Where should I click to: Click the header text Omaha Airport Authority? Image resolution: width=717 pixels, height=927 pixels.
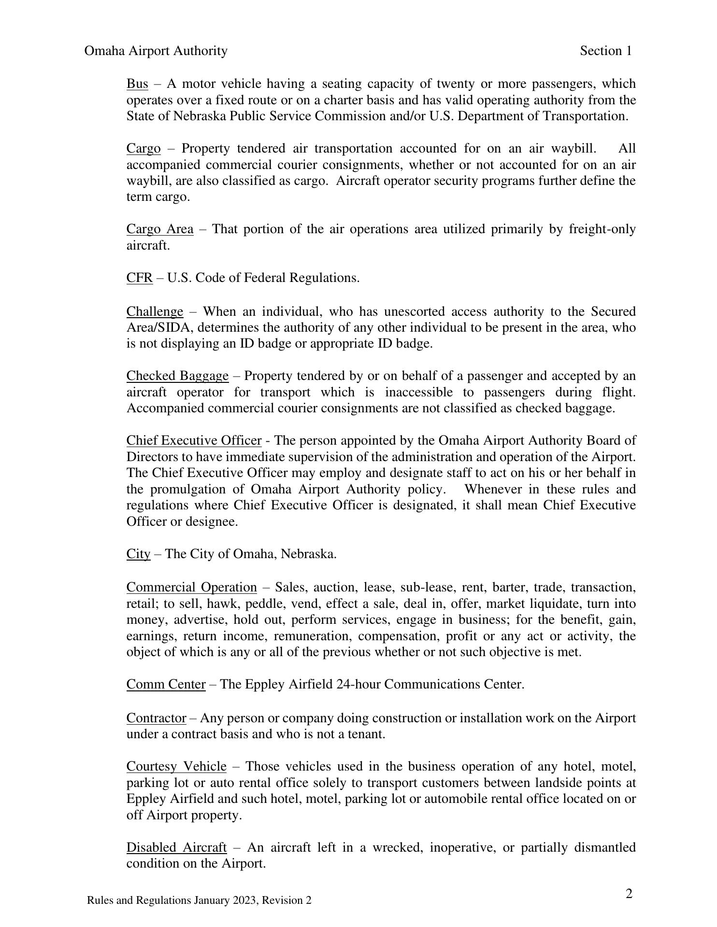coord(156,51)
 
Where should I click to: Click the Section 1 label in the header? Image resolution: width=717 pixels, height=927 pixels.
coord(606,51)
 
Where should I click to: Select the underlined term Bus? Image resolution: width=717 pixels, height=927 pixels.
coord(137,84)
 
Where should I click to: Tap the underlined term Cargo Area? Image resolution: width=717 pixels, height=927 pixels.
coord(160,229)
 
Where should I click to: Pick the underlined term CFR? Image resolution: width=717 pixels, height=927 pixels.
coord(140,278)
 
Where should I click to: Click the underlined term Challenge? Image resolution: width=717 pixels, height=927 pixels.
coord(155,311)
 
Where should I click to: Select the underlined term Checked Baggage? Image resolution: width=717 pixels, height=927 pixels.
coord(177,376)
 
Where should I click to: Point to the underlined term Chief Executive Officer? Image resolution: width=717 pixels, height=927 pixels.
coord(194,440)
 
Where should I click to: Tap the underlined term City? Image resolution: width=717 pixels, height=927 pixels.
coord(138,554)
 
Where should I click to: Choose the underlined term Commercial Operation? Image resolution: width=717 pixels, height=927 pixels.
coord(191,588)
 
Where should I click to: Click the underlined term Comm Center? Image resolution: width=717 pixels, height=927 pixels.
coord(166,684)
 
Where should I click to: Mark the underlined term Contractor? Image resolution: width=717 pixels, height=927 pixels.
coord(156,718)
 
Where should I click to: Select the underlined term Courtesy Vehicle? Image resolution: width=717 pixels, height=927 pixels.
coord(176,766)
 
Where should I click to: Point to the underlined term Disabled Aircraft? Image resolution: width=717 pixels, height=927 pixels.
coord(176,847)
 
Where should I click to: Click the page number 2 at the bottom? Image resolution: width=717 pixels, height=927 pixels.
coord(629,894)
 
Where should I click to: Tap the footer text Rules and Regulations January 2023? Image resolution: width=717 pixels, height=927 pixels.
coord(199,900)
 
